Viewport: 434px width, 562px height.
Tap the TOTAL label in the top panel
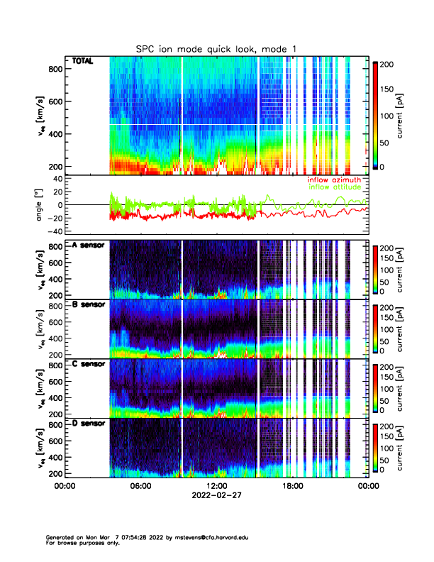pos(82,62)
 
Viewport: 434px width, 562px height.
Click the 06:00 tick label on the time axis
pos(140,486)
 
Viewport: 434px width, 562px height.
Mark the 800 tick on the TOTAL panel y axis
pos(54,69)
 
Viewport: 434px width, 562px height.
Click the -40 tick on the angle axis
pos(53,231)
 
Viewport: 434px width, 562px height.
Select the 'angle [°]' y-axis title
pos(40,205)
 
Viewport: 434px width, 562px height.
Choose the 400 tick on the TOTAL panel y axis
pos(54,134)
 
